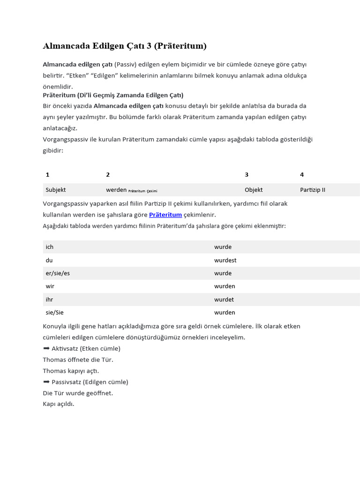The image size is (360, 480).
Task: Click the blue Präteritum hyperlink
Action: click(x=165, y=215)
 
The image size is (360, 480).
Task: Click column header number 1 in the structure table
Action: click(x=47, y=175)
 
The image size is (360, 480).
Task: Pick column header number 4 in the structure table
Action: click(x=302, y=175)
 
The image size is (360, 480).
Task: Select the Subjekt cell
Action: click(x=56, y=190)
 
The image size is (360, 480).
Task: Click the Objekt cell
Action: click(x=254, y=190)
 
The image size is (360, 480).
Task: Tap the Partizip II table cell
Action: click(x=313, y=190)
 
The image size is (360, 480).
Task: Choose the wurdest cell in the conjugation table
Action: click(x=225, y=260)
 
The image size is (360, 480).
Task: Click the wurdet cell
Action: click(x=224, y=300)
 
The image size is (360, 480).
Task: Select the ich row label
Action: click(x=50, y=247)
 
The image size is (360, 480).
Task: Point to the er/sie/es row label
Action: click(x=58, y=273)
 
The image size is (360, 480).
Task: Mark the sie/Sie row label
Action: click(x=54, y=313)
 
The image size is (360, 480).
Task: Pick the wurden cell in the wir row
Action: click(x=225, y=286)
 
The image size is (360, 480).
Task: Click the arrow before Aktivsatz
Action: click(x=46, y=348)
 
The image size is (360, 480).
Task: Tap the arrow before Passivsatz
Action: click(x=46, y=382)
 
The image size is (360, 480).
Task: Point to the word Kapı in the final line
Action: click(x=49, y=404)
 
